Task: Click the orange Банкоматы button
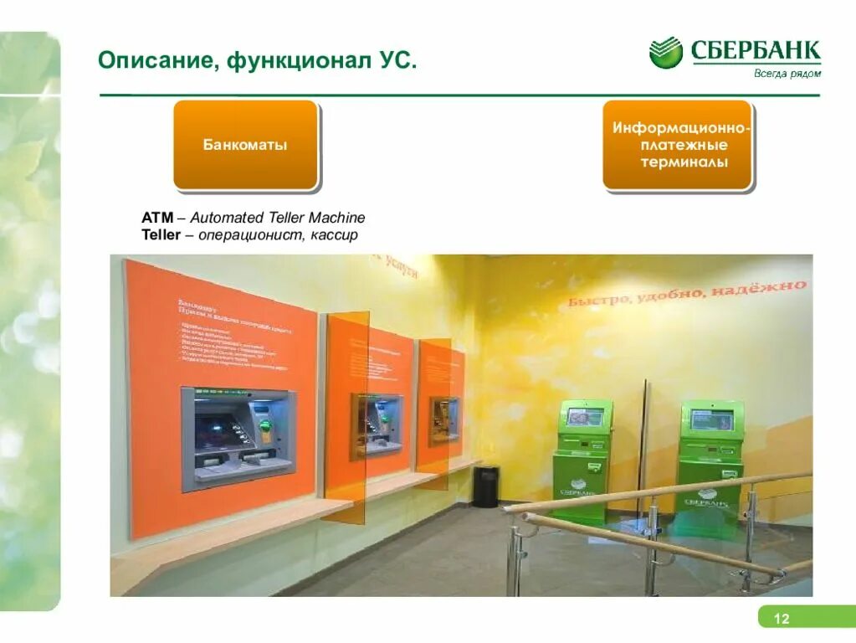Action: [244, 145]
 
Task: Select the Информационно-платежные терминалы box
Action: [677, 146]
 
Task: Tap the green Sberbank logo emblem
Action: [666, 54]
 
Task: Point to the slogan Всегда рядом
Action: [787, 74]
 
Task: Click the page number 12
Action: [781, 619]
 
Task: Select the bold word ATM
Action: [157, 218]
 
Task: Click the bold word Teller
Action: [161, 235]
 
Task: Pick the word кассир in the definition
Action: [334, 235]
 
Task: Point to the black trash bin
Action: [485, 486]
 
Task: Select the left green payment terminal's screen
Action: [585, 415]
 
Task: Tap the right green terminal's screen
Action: [712, 419]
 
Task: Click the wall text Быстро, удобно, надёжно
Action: [688, 293]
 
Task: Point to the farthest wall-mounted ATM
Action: [443, 419]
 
